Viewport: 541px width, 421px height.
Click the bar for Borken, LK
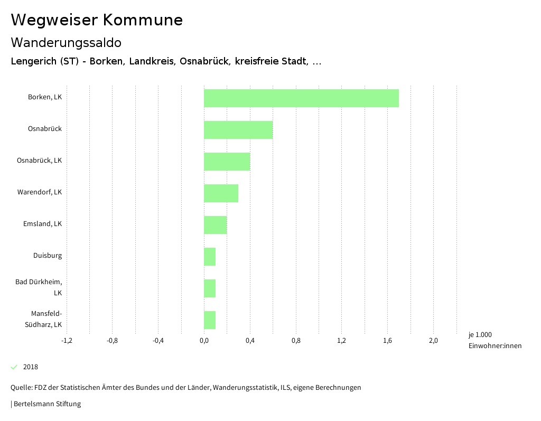(301, 98)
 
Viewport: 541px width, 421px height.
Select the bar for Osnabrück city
(238, 130)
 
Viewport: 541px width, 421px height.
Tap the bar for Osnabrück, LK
(227, 162)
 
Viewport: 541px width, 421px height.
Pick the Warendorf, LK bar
(221, 193)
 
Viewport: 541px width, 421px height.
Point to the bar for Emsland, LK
(215, 225)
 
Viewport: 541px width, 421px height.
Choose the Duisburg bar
(210, 257)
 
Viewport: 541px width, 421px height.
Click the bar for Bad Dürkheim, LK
(210, 288)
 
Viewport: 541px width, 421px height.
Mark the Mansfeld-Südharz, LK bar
(210, 320)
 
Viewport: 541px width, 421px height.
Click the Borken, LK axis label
(45, 97)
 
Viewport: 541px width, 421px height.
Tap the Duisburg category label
(48, 256)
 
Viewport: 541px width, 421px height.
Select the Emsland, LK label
(42, 224)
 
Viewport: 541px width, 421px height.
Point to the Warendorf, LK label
(40, 192)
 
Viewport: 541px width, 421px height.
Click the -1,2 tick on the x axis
(67, 341)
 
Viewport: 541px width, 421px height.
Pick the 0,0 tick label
(204, 341)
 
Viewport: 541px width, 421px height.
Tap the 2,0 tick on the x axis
(433, 341)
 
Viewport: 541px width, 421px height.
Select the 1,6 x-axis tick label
(387, 341)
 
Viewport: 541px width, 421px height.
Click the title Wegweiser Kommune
(97, 20)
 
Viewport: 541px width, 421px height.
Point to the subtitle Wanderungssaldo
(66, 42)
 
